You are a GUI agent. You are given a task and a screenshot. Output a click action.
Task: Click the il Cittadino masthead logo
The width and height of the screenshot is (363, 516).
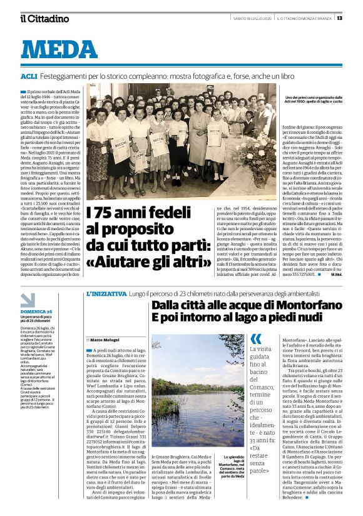44,18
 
